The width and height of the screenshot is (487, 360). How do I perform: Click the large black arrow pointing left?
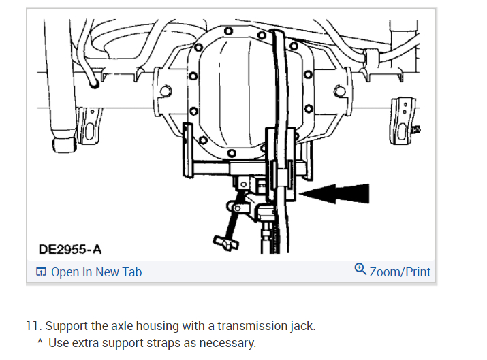334,194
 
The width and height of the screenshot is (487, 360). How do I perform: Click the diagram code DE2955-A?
70,249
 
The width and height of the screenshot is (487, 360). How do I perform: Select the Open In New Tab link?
96,272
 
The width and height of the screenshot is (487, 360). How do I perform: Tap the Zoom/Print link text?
400,272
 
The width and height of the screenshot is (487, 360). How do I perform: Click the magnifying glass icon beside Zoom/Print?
360,269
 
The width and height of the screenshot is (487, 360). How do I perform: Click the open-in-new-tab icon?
41,272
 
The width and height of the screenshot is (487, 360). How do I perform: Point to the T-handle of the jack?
226,242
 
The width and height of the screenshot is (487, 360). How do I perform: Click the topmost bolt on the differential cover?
228,31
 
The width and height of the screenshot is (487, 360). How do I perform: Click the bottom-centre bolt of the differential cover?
232,153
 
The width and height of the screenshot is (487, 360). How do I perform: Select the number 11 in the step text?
32,326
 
